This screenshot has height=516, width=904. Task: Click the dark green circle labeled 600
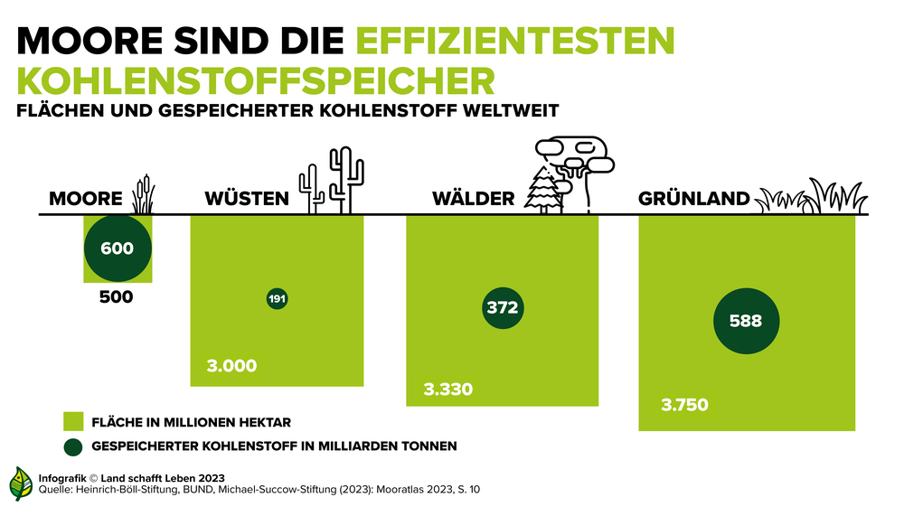[118, 248]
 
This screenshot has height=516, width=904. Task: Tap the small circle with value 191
[278, 299]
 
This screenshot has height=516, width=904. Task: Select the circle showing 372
[502, 307]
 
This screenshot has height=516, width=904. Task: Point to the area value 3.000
[232, 366]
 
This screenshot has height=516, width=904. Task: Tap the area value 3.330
[448, 390]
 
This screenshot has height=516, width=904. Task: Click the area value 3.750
[683, 405]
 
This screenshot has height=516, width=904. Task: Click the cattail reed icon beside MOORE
[143, 193]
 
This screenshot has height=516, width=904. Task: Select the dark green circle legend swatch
[72, 446]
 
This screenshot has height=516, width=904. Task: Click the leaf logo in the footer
[21, 484]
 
